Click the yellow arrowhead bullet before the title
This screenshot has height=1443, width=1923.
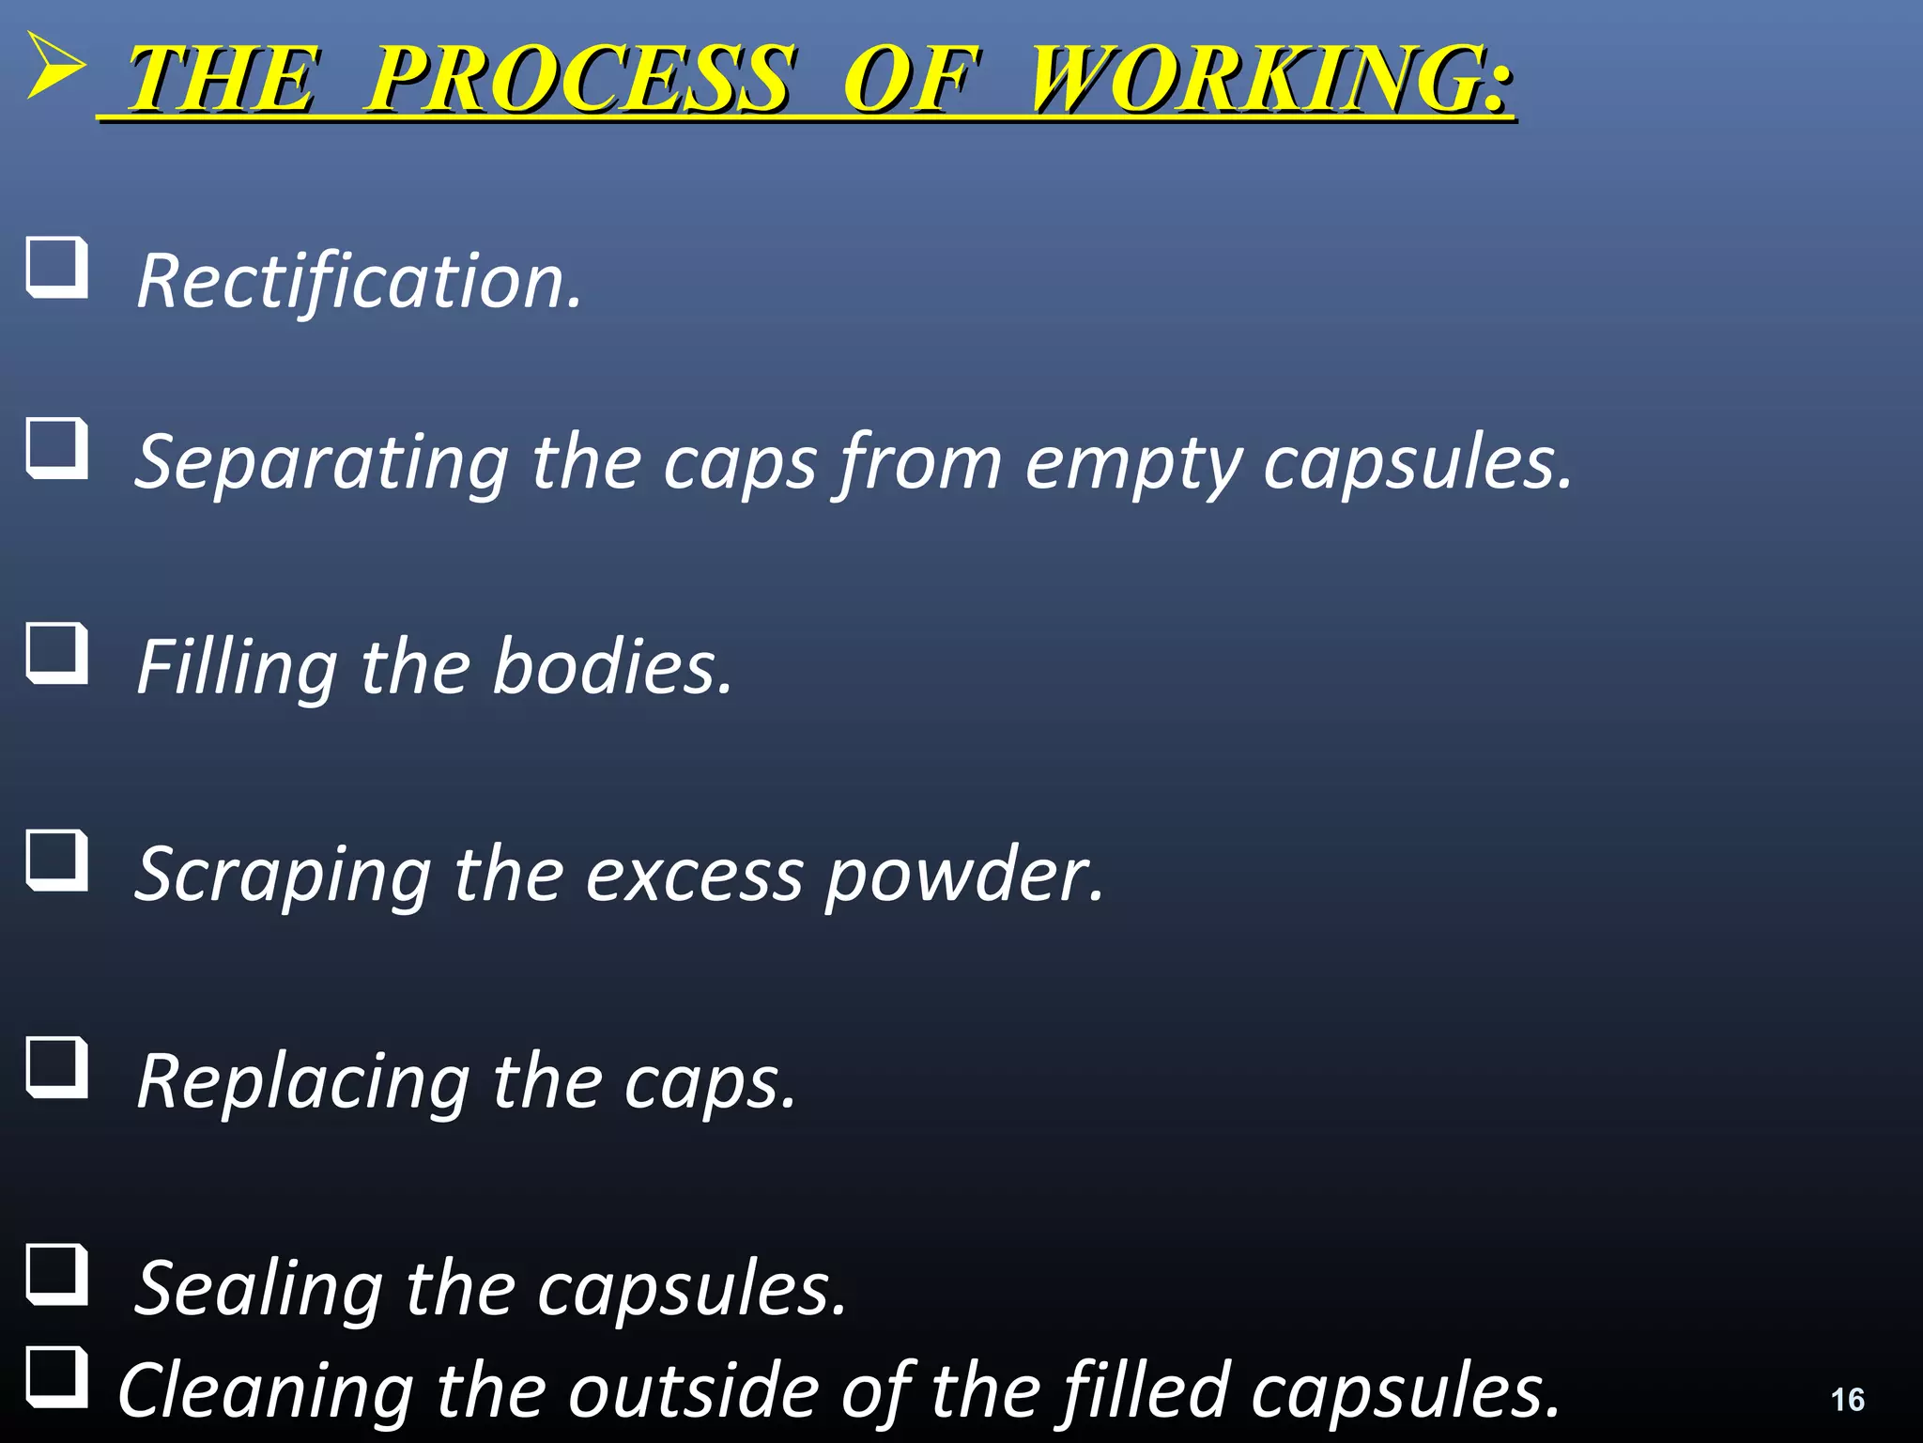54,66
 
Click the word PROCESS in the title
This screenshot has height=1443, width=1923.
577,80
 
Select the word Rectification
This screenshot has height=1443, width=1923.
359,281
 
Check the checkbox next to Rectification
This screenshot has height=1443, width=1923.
57,269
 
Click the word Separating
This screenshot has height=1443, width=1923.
322,462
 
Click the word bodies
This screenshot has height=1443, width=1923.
611,666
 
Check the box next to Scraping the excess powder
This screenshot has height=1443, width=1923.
57,861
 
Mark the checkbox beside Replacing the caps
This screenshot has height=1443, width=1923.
57,1068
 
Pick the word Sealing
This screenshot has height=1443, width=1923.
259,1289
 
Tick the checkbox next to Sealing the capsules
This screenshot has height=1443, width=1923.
57,1275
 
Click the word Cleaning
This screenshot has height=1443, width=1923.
266,1390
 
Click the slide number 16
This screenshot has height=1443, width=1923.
1847,1400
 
